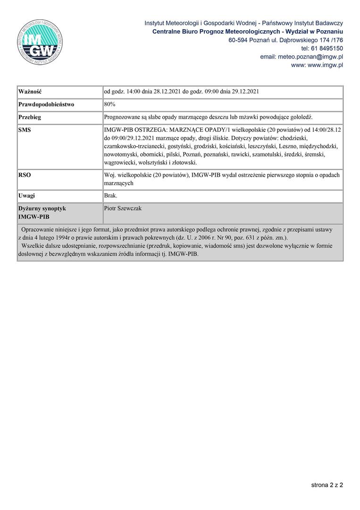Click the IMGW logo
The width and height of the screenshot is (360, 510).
point(39,41)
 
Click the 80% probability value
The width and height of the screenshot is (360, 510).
point(109,104)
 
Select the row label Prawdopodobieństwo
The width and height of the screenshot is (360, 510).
point(46,104)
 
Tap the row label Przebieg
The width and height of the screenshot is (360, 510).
point(30,117)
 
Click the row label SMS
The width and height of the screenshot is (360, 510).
point(25,129)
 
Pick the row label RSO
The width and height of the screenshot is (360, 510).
point(25,175)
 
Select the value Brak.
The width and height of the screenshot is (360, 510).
point(110,195)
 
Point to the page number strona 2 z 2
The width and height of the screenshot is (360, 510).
point(327,484)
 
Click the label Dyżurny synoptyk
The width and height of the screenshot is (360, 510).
point(42,208)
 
